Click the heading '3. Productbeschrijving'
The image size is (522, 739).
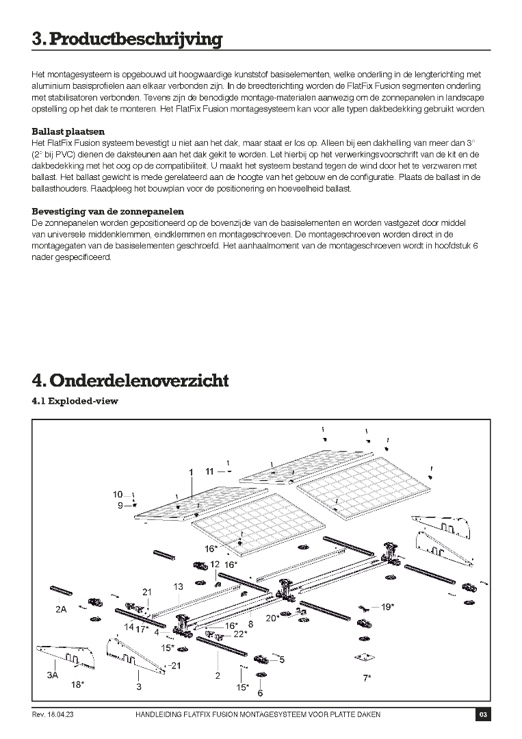tap(127, 39)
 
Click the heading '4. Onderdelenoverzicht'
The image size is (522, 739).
tap(130, 380)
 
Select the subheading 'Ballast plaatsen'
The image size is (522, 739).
tap(68, 131)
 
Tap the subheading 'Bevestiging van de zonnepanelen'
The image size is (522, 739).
tap(107, 211)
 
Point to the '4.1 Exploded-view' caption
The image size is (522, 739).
tap(75, 401)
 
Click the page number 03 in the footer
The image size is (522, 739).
tap(483, 715)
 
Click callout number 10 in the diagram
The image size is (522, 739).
tap(118, 494)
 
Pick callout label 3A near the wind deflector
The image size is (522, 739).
tap(52, 675)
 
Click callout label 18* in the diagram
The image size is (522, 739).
tap(77, 684)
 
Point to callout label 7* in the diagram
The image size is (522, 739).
tap(367, 678)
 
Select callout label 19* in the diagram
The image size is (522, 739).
tap(387, 607)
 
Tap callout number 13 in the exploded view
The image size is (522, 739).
tap(179, 586)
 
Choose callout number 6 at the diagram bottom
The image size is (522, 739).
tap(260, 693)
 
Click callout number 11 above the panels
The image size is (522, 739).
tap(209, 471)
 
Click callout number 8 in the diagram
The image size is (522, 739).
tap(251, 623)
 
